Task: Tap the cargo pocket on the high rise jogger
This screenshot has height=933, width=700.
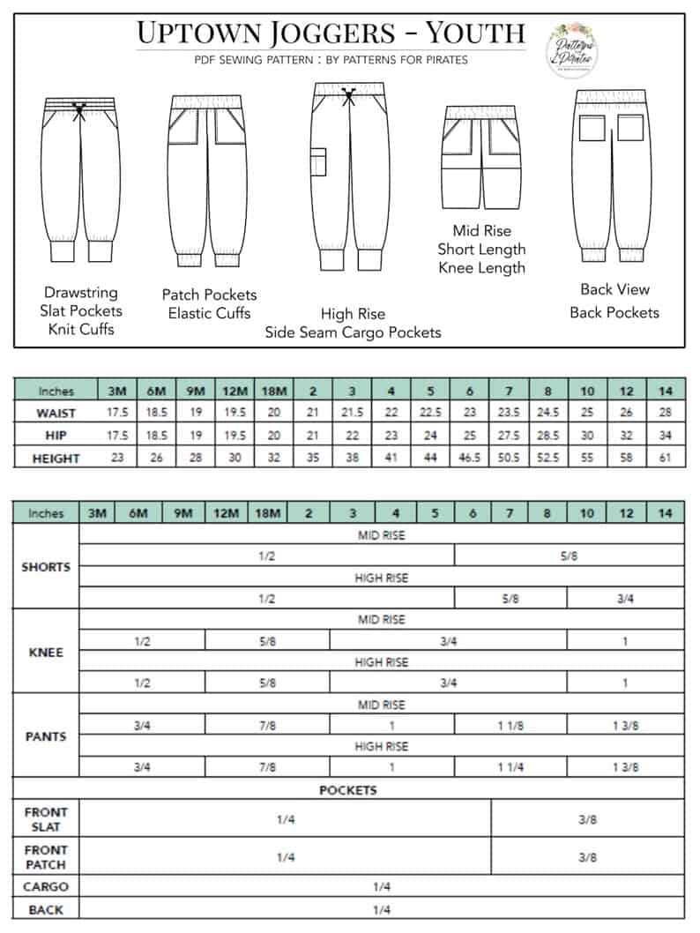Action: [x=319, y=163]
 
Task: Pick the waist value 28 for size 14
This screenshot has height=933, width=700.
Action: [x=666, y=413]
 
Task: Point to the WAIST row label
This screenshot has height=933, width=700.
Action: [x=56, y=413]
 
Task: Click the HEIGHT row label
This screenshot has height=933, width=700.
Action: [x=56, y=458]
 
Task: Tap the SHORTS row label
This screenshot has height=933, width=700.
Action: [x=46, y=567]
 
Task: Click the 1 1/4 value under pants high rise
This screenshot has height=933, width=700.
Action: [x=511, y=767]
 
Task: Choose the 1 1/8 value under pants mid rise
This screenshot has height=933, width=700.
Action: [x=511, y=725]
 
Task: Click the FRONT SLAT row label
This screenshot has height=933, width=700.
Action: [x=46, y=818]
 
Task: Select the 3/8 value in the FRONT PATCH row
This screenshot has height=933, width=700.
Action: [x=587, y=856]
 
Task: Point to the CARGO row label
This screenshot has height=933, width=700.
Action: [x=46, y=887]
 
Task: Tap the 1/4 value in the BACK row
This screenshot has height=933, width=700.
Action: [x=381, y=910]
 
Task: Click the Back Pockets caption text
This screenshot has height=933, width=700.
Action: [x=614, y=312]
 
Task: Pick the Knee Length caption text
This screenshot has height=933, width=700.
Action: [x=481, y=268]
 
